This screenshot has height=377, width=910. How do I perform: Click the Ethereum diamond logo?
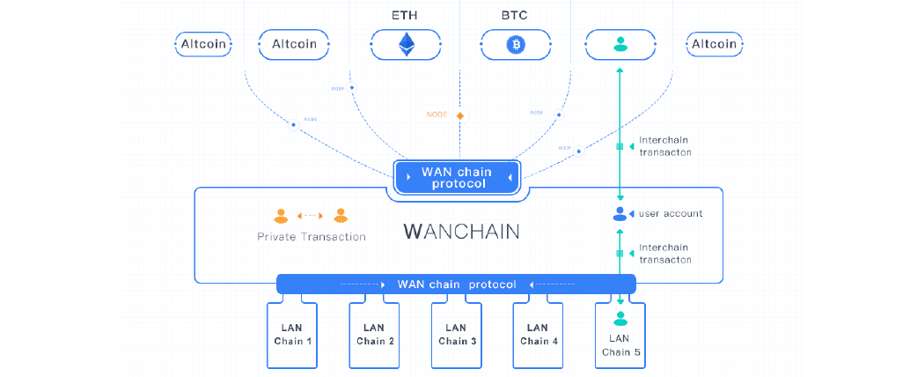tap(406, 44)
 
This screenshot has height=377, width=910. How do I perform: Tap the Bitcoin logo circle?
tap(516, 44)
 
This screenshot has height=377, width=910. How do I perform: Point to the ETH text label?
tap(405, 15)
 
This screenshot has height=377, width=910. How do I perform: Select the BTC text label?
tap(516, 15)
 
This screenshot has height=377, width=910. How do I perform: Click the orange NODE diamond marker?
tap(459, 115)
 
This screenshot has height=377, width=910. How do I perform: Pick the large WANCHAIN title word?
tap(461, 232)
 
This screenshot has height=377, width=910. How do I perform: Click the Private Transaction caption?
tap(311, 236)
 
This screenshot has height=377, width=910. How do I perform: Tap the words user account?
tap(671, 213)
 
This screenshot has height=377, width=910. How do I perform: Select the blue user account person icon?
tap(620, 213)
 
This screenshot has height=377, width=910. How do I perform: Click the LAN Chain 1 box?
tap(292, 335)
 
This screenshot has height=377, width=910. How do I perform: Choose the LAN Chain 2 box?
tap(375, 335)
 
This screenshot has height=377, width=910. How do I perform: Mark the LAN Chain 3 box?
tap(456, 335)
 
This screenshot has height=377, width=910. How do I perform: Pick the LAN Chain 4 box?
tap(538, 335)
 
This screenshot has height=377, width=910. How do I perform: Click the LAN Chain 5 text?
tap(620, 344)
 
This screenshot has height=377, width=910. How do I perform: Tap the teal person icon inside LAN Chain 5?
tap(620, 318)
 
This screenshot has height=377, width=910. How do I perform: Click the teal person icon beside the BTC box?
tap(620, 43)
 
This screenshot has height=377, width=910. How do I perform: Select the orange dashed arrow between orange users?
tap(310, 214)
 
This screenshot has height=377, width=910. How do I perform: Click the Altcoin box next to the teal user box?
tap(713, 44)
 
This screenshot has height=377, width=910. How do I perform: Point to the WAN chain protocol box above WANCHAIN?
tap(456, 177)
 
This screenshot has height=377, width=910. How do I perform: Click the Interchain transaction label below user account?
tap(664, 254)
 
